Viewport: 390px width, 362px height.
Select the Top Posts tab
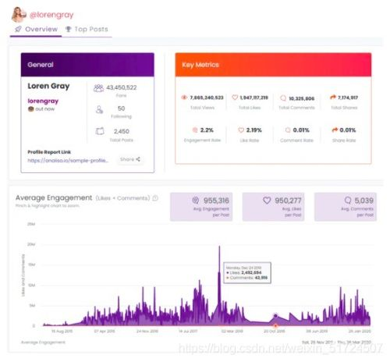pyautogui.click(x=87, y=30)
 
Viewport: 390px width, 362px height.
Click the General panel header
pyautogui.click(x=87, y=65)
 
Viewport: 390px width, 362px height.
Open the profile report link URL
pyautogui.click(x=68, y=159)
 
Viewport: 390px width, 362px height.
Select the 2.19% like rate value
pyautogui.click(x=254, y=130)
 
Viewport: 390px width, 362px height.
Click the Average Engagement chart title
pyautogui.click(x=55, y=198)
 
